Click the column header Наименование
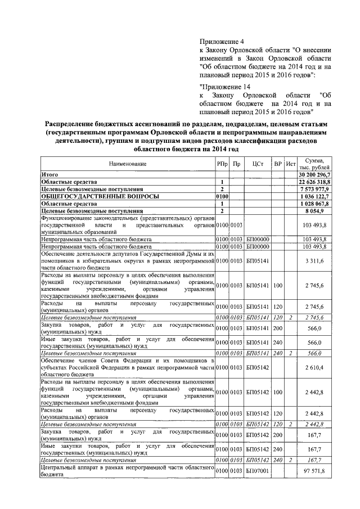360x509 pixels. pos(127,164)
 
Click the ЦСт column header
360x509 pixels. pos(258,164)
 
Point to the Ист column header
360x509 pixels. pos(290,164)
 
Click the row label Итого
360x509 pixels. pos(49,175)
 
